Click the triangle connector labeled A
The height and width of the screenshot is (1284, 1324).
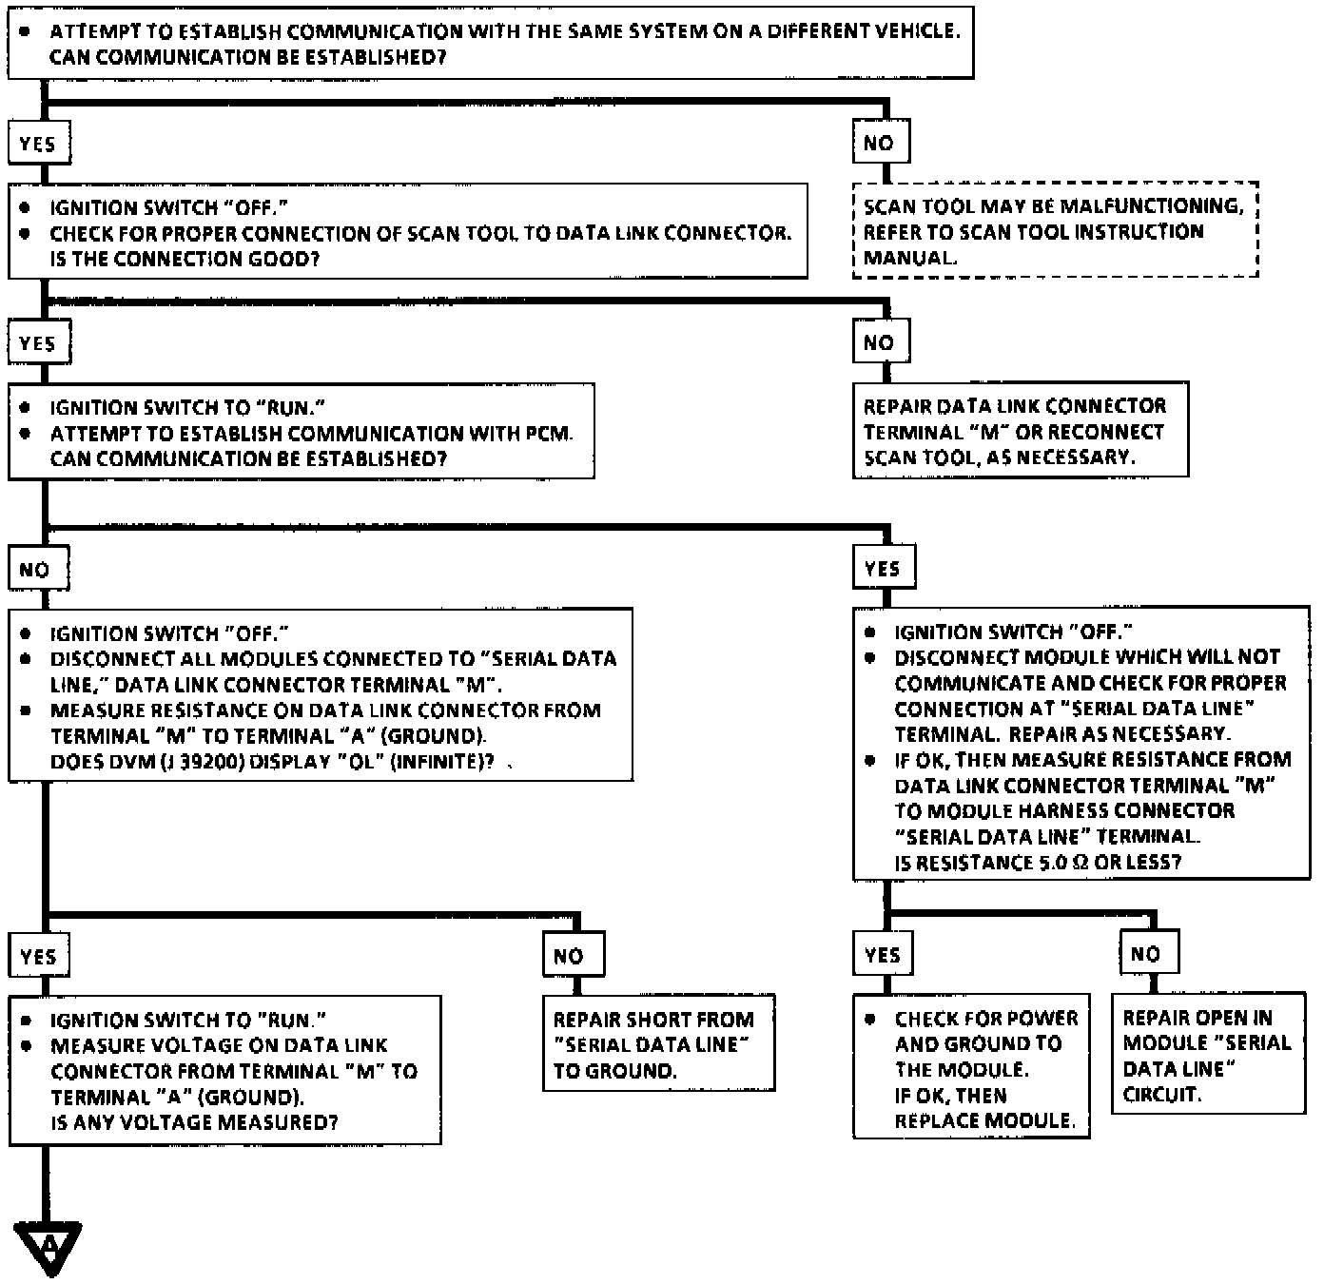(x=49, y=1246)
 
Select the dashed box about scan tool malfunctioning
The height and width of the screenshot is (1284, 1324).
(x=1055, y=231)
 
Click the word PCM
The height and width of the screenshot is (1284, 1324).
(x=549, y=434)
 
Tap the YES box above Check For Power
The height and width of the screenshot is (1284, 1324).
(x=883, y=954)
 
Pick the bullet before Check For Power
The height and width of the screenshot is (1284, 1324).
(x=870, y=1019)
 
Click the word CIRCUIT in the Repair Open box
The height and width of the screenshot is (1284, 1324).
(x=1161, y=1095)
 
